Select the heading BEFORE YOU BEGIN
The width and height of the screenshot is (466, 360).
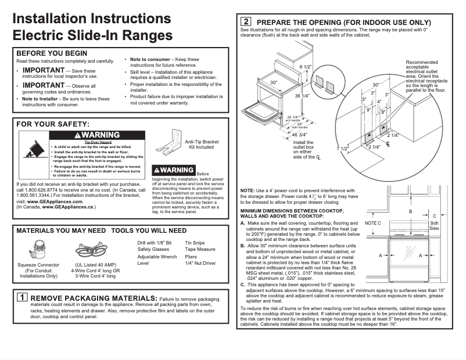52,53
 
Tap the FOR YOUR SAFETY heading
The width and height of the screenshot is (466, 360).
53,124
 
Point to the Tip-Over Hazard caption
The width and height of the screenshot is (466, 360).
98,142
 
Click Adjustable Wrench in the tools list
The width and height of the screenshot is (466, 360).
157,256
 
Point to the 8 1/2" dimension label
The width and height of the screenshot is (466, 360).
306,67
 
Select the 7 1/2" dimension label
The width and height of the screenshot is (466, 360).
342,149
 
